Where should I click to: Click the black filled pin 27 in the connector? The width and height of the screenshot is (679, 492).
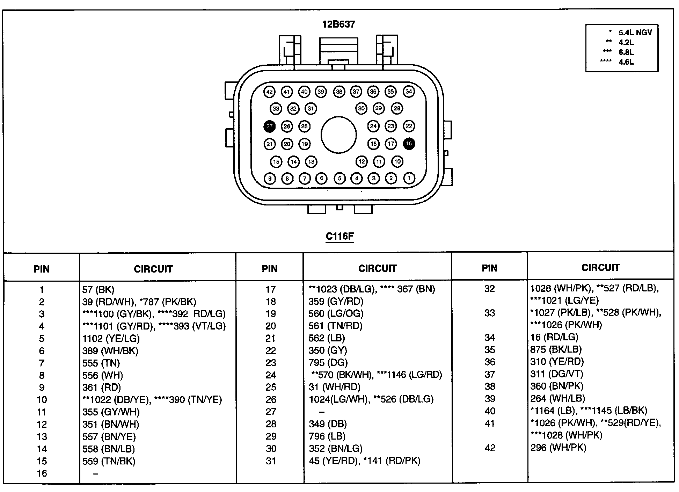pos(269,126)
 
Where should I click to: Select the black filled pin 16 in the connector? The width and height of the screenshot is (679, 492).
pos(409,143)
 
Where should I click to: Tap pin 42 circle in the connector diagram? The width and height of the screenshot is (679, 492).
pos(269,92)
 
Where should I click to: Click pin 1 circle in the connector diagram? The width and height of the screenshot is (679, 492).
pos(409,178)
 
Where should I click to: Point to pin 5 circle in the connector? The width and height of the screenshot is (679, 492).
pos(339,178)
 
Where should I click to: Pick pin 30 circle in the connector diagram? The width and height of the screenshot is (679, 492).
pos(362,108)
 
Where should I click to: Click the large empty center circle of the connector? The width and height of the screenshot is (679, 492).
pos(338,135)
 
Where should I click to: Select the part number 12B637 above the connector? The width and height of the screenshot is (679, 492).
pos(338,24)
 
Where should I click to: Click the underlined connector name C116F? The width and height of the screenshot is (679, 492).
pos(339,236)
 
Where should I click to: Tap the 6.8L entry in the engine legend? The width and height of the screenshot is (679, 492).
pos(626,52)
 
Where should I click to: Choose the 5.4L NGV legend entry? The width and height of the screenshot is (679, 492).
pos(635,32)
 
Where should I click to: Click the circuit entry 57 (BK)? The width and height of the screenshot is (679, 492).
pos(98,290)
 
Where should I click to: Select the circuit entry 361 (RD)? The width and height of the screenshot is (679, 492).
pos(102,388)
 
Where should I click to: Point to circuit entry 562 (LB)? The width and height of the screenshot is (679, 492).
pos(327,338)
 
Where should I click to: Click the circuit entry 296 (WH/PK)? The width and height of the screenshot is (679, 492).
pos(558,448)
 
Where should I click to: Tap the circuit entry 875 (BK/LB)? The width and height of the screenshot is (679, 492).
pos(556,349)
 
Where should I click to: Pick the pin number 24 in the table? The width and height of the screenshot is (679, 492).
pos(271,375)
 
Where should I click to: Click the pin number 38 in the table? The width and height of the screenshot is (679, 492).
pos(490,386)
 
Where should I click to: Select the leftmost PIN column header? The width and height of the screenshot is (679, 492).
pos(42,269)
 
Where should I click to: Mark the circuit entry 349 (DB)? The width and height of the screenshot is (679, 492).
pos(327,424)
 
